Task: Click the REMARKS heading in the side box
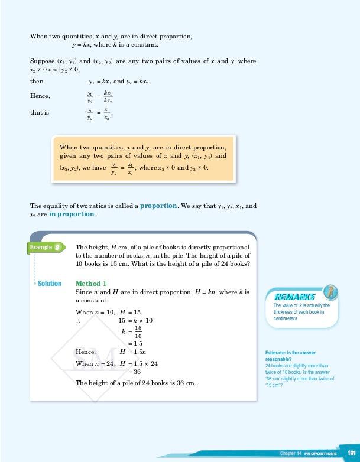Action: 294,297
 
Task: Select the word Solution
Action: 49,284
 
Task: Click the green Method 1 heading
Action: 91,284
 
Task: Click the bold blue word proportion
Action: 158,206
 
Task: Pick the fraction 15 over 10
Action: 138,331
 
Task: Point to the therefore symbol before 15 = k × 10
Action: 79,320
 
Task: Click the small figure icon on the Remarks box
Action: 332,291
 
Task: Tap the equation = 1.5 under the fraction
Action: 135,343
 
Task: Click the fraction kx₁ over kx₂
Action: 108,97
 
